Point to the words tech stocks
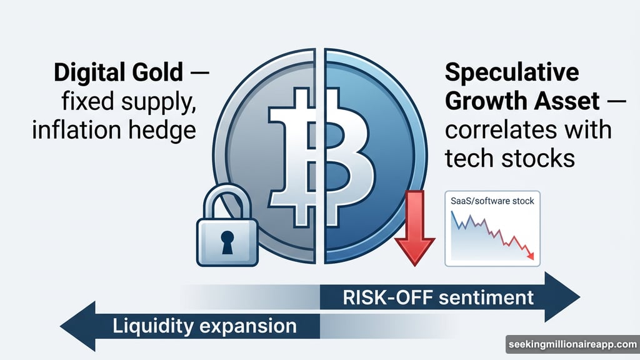click(x=509, y=158)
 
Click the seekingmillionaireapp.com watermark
click(x=571, y=345)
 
